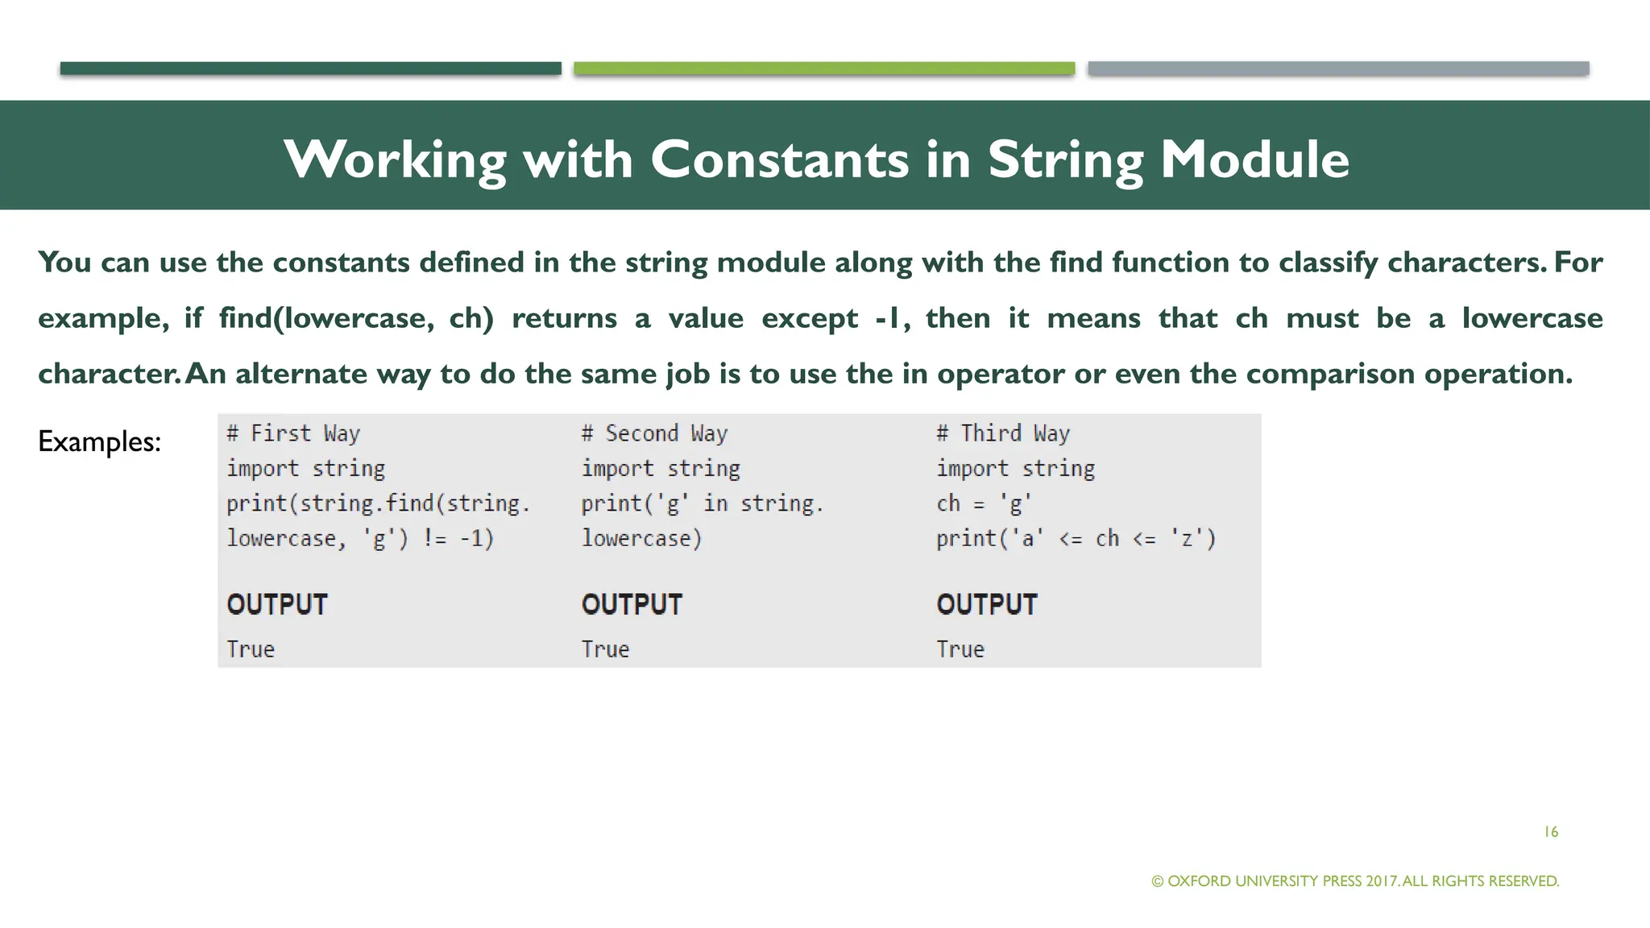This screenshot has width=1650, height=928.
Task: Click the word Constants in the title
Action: pyautogui.click(x=780, y=159)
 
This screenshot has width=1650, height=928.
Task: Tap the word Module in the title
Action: pyautogui.click(x=1254, y=159)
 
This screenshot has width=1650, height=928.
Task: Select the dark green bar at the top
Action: pyautogui.click(x=310, y=68)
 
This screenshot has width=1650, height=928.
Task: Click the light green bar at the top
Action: pyautogui.click(x=823, y=68)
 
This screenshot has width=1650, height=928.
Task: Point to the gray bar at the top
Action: pyautogui.click(x=1337, y=68)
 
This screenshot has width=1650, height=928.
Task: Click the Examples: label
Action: pyautogui.click(x=99, y=441)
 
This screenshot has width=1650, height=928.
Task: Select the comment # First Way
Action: pyautogui.click(x=293, y=433)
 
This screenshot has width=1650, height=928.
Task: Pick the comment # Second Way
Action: pyautogui.click(x=654, y=433)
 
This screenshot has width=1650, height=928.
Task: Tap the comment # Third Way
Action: pyautogui.click(x=1003, y=433)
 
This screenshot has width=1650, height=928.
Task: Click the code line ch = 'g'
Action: pyautogui.click(x=984, y=503)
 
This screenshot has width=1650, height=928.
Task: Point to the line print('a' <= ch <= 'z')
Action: pyautogui.click(x=1076, y=538)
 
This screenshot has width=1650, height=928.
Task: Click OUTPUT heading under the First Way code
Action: pyautogui.click(x=277, y=604)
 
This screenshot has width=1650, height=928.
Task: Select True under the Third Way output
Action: pyautogui.click(x=960, y=649)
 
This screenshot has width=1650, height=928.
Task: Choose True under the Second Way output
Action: pyautogui.click(x=605, y=649)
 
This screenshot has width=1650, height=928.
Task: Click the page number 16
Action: pyautogui.click(x=1551, y=832)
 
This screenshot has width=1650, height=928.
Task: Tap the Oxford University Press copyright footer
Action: pyautogui.click(x=1355, y=880)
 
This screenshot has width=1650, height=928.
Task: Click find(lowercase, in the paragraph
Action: pyautogui.click(x=326, y=318)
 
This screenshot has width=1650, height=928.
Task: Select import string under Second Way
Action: pyautogui.click(x=661, y=468)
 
